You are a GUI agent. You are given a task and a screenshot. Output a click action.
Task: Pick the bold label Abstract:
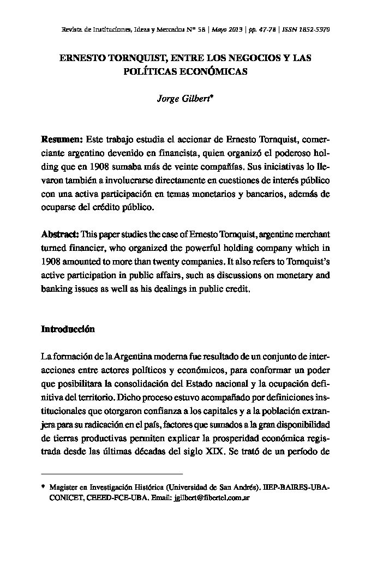pyautogui.click(x=60, y=233)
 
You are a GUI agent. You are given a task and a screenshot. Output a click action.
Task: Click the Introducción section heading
pyautogui.click(x=68, y=329)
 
